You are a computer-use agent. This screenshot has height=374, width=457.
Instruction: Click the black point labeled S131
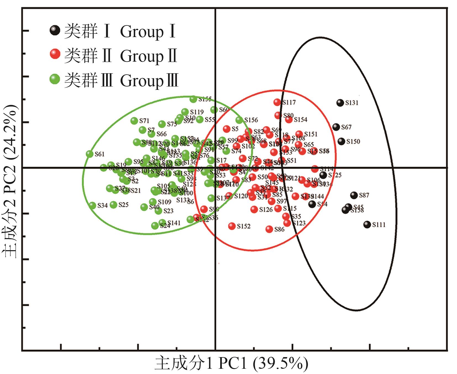coord(340,103)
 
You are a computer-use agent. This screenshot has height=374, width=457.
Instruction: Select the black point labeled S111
coord(367,224)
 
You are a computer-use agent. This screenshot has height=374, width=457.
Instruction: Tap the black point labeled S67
coord(336,127)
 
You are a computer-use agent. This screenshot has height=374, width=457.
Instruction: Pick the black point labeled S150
coord(342,141)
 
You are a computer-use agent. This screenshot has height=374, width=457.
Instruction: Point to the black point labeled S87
coord(354,195)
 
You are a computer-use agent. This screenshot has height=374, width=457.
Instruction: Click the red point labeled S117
coord(277,102)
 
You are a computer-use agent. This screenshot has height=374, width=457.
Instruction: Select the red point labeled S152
coord(232,226)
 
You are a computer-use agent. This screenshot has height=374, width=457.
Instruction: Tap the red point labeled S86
coord(269,229)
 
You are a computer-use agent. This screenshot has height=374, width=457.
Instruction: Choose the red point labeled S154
coord(289,120)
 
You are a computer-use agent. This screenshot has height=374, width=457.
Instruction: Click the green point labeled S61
coord(90,154)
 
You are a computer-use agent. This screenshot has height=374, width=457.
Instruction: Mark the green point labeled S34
coord(93,205)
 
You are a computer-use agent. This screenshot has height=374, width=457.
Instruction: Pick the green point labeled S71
coord(134,121)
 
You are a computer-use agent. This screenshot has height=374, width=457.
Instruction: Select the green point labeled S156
coord(239,120)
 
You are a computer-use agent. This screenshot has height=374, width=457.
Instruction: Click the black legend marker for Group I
coord(55,30)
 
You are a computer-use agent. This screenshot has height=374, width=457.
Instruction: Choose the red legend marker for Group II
coord(55,54)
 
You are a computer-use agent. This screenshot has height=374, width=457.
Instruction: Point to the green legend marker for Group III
coord(55,79)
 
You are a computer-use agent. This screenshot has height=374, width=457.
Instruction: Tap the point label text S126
coord(266,210)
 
